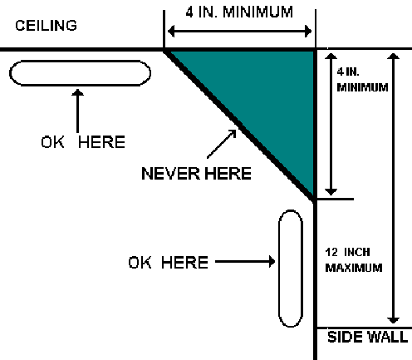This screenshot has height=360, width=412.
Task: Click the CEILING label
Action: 46,26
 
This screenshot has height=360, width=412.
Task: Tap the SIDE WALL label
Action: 367,337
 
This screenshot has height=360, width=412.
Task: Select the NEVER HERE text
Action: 196,174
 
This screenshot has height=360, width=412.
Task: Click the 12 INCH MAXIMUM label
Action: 354,260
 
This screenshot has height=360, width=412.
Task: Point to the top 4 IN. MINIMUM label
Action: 239,12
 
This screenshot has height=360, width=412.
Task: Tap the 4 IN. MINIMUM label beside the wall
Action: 362,80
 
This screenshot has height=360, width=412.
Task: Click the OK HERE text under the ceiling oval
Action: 83,142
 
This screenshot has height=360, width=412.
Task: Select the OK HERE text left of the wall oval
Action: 169,262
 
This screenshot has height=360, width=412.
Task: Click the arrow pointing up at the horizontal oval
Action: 78,111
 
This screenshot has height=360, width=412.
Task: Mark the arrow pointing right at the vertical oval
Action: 245,261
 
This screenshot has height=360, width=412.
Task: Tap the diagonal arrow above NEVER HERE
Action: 222,144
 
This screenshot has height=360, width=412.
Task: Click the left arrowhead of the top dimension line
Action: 171,31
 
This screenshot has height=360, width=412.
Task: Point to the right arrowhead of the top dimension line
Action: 308,31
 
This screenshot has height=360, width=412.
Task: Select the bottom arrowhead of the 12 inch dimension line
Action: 393,320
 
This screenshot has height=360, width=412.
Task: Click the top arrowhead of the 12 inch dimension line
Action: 393,56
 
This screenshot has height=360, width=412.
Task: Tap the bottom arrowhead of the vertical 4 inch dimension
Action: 331,192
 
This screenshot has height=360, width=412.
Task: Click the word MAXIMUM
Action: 354,268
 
